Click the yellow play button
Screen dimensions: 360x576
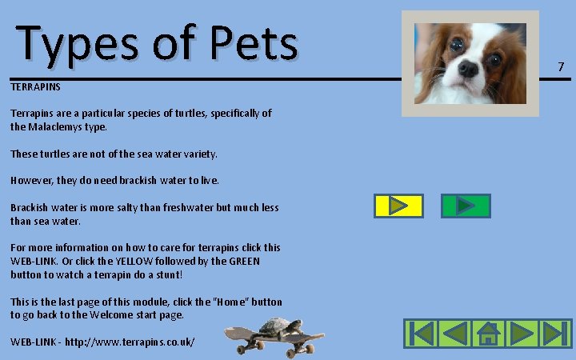pos(398,206)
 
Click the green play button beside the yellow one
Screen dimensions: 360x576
pos(465,206)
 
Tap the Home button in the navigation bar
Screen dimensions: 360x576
pos(487,333)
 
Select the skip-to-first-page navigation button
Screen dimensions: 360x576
pos(419,333)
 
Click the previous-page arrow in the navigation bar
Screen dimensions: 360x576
pos(454,333)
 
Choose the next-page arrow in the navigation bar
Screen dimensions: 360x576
pos(522,333)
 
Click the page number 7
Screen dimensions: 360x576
pos(561,66)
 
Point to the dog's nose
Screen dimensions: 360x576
pos(468,70)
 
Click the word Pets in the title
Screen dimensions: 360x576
pos(255,44)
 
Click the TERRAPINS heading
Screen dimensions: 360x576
pos(35,86)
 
